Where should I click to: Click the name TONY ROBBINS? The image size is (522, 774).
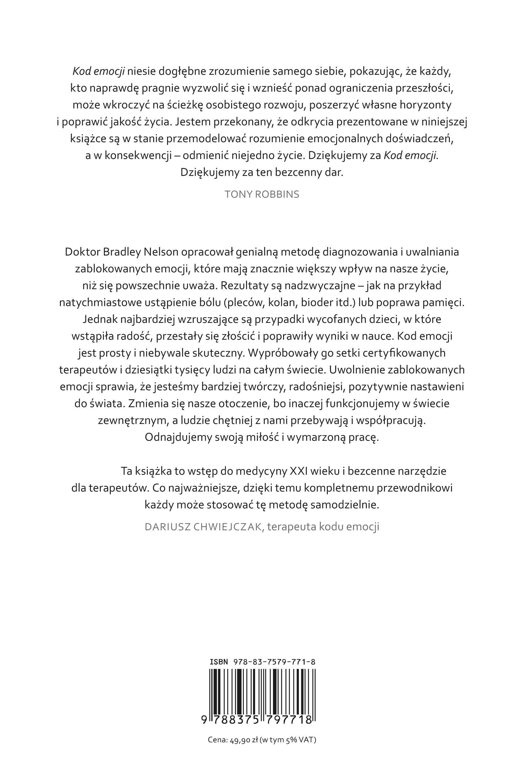261,194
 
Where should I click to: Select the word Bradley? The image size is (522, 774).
121,252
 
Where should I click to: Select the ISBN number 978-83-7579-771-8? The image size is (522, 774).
274,662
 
